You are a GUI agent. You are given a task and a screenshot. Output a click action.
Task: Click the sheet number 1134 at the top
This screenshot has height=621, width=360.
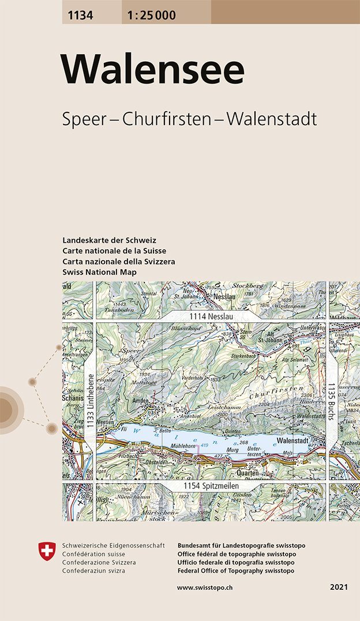click(x=80, y=16)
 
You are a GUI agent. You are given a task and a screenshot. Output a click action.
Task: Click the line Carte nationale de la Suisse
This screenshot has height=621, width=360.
click(x=114, y=251)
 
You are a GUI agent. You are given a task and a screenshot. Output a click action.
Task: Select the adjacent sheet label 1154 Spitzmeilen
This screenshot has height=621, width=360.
click(x=212, y=487)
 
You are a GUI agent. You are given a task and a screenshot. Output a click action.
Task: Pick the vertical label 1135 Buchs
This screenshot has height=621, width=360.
click(x=332, y=402)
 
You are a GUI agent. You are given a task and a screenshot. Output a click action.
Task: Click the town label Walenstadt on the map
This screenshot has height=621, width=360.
click(x=295, y=439)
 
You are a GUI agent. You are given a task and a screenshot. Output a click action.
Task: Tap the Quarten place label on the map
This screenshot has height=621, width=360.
click(x=247, y=473)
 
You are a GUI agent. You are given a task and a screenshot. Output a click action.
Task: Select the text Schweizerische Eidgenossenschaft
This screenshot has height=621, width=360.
click(x=113, y=545)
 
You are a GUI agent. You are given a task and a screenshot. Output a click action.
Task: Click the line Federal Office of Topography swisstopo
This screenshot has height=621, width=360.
click(x=236, y=570)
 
